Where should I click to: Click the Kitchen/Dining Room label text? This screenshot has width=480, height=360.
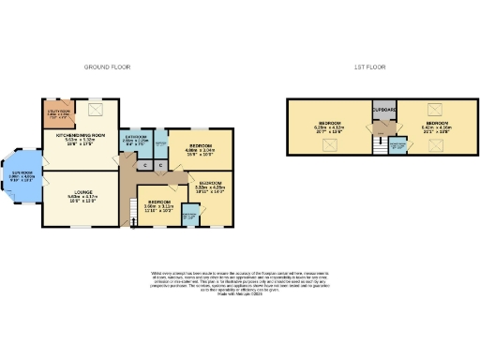[79, 137]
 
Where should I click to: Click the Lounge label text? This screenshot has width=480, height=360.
[82, 196]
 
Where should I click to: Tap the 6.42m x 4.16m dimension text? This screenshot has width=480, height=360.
[437, 127]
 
